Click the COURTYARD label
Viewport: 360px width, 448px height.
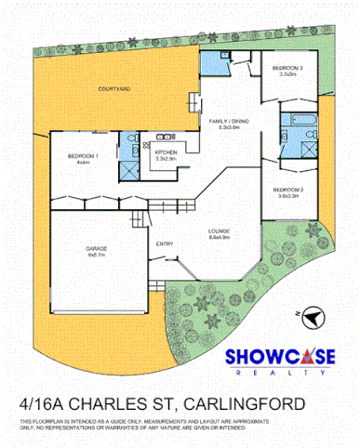pos(113,89)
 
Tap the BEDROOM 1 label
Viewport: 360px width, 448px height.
pos(83,156)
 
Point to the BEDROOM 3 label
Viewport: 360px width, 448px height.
pos(287,68)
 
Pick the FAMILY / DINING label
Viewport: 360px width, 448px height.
pos(230,122)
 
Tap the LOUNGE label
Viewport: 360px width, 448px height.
pos(220,230)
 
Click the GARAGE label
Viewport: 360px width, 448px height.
pos(97,248)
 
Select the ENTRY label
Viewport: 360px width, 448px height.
pos(165,244)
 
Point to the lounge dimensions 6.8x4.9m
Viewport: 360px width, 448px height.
pos(220,237)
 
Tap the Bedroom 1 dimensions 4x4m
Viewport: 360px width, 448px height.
pos(83,163)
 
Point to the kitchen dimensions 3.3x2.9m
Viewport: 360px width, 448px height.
pos(167,159)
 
